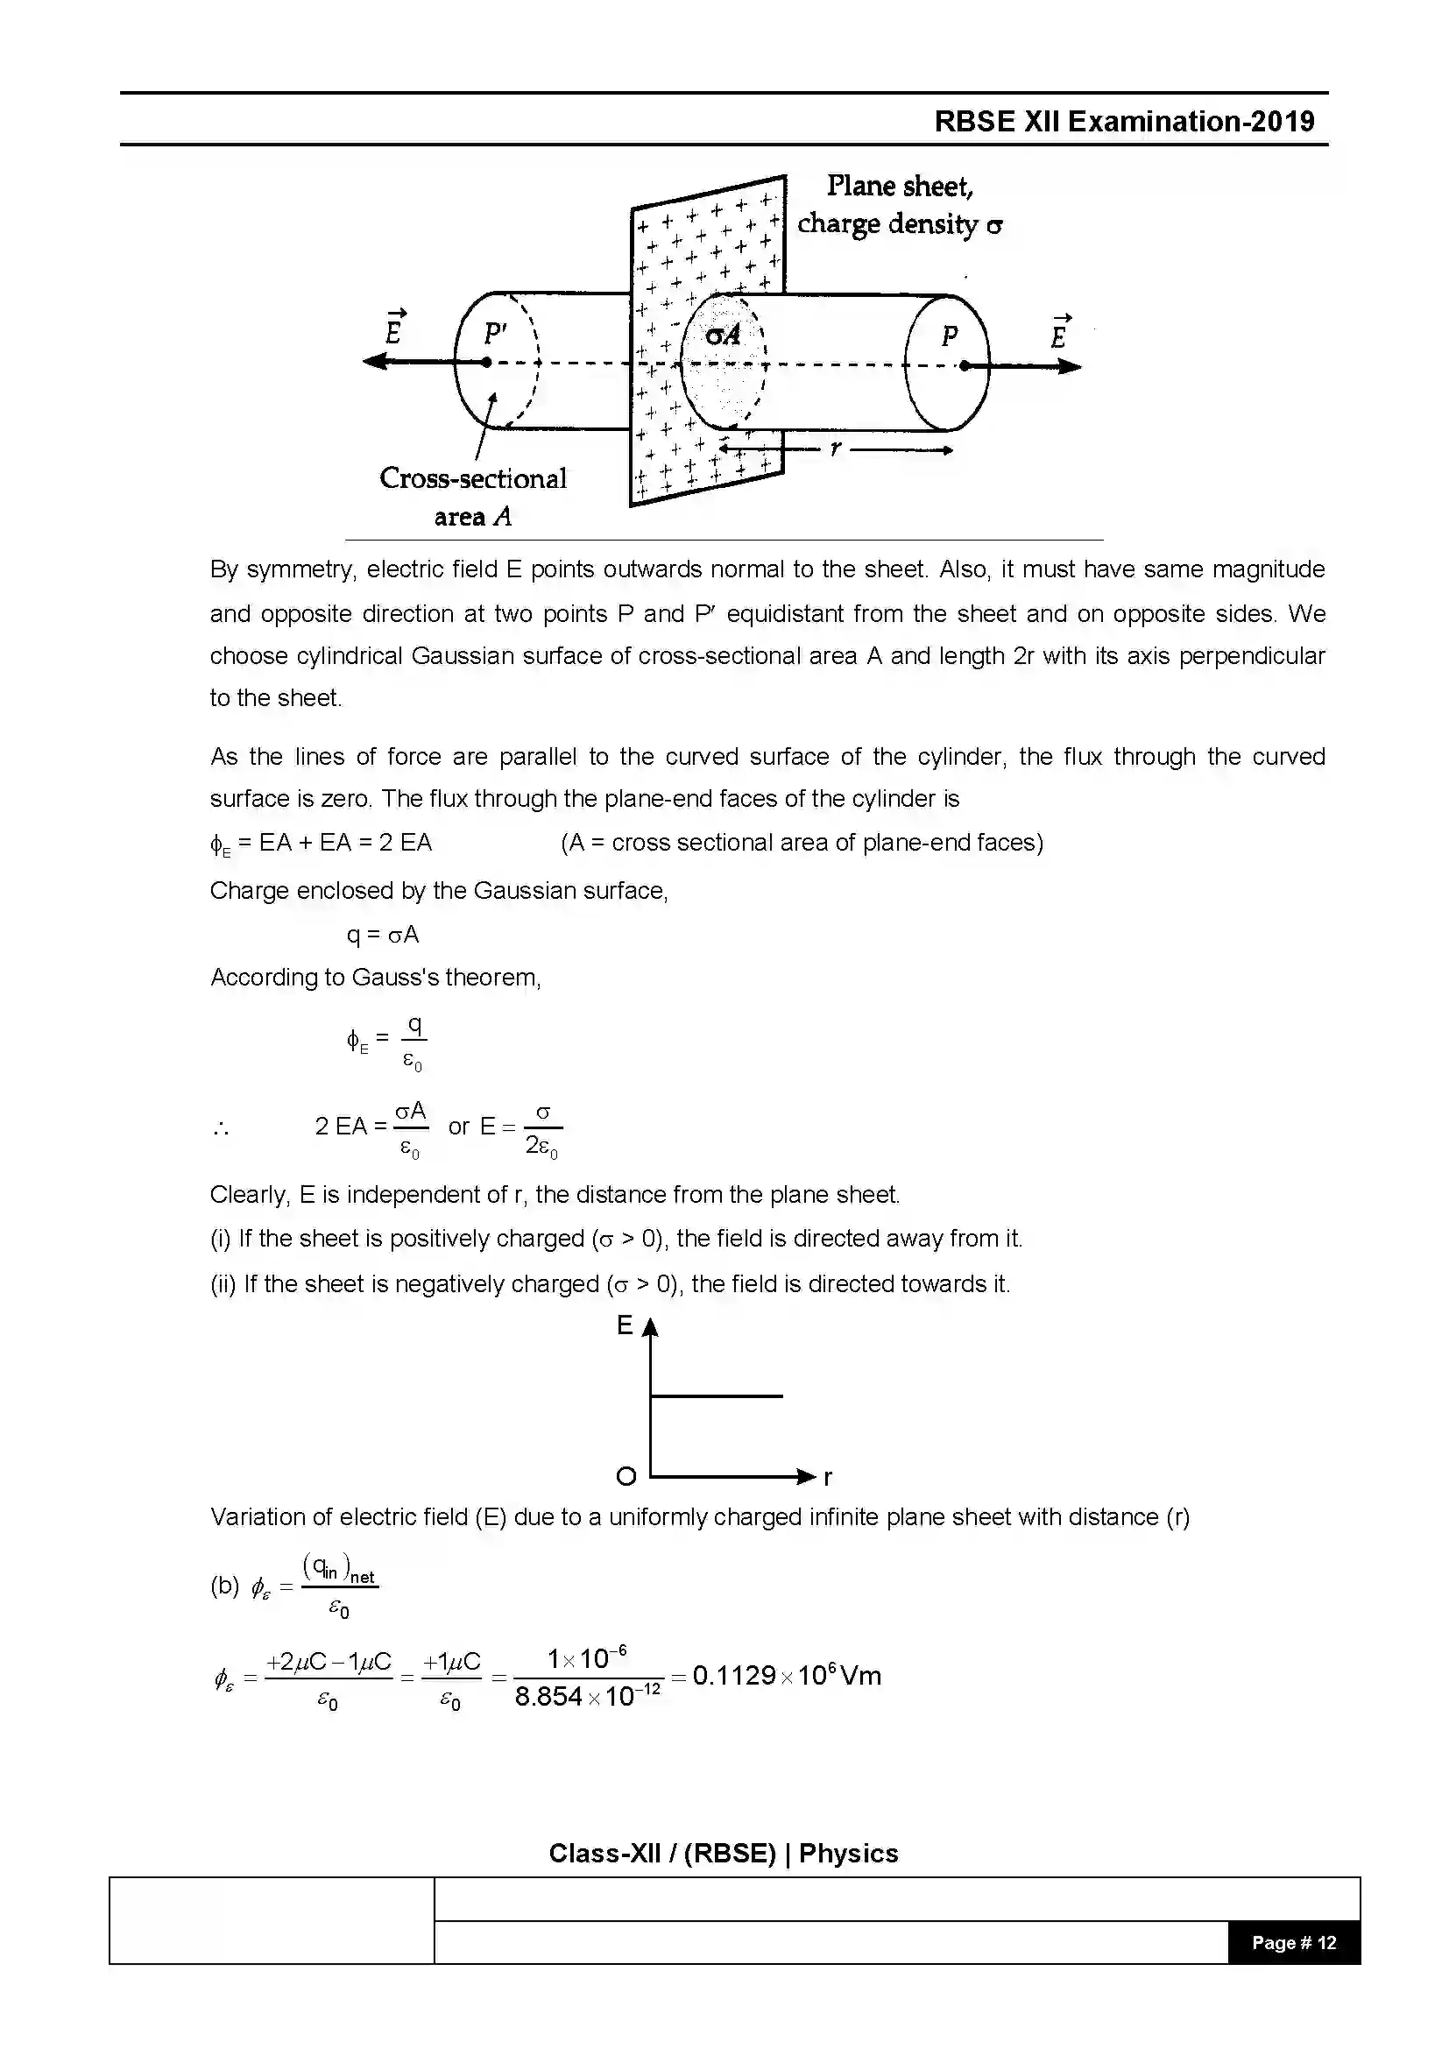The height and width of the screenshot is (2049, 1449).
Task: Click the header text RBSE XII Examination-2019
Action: pyautogui.click(x=1124, y=122)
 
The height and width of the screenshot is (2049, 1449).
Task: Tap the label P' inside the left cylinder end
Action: pyautogui.click(x=495, y=334)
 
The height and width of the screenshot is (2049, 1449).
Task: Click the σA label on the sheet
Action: pyautogui.click(x=723, y=335)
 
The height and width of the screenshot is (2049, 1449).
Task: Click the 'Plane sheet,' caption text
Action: pyautogui.click(x=900, y=186)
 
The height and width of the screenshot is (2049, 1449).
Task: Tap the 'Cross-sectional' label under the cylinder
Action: pyautogui.click(x=473, y=478)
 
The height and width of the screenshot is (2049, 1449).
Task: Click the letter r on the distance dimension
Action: pyautogui.click(x=835, y=448)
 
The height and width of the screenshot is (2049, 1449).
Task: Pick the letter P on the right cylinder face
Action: pyautogui.click(x=950, y=336)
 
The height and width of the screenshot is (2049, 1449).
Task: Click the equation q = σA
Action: pyautogui.click(x=382, y=935)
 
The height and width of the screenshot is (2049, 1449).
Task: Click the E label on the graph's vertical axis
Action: pyautogui.click(x=625, y=1326)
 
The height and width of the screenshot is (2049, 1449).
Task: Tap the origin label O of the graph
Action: pyautogui.click(x=626, y=1476)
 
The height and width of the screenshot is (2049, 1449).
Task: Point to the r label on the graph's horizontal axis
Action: pyautogui.click(x=828, y=1478)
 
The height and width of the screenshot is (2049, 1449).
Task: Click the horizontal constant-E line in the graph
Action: pyautogui.click(x=717, y=1395)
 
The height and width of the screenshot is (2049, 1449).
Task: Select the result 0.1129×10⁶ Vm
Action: pyautogui.click(x=786, y=1675)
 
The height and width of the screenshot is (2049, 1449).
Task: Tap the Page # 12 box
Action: pyautogui.click(x=1294, y=1943)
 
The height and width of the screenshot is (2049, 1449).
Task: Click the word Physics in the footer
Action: pyautogui.click(x=848, y=1854)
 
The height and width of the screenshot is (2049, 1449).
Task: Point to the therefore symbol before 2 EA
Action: pyautogui.click(x=222, y=1130)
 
